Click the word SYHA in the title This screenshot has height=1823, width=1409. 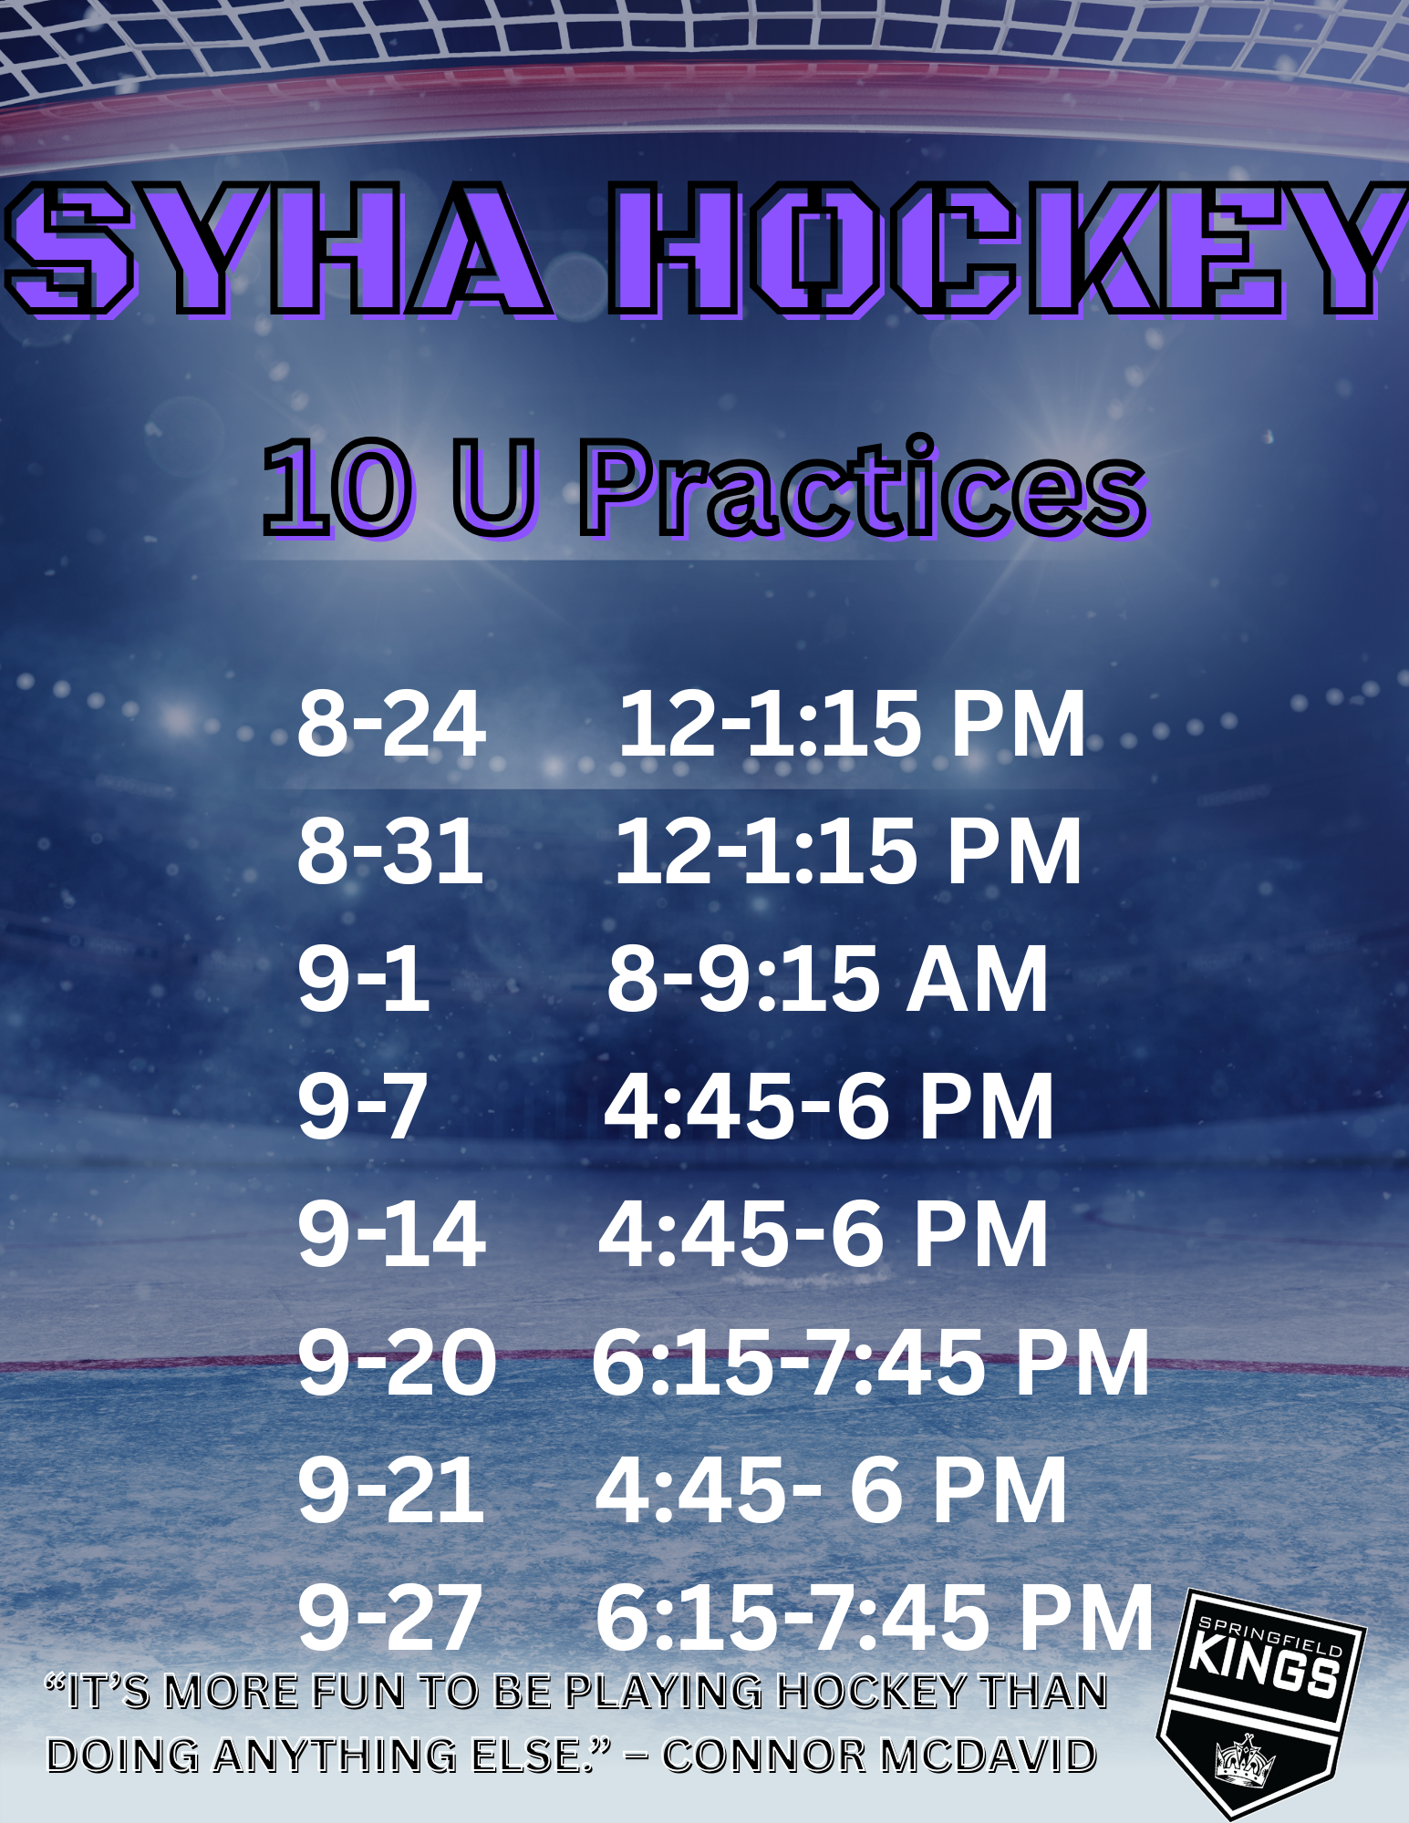(278, 249)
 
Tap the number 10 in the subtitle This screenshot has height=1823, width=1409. (337, 489)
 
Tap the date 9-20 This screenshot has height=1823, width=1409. (397, 1362)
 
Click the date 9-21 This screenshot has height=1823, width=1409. (390, 1489)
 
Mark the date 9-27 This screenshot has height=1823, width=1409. (389, 1617)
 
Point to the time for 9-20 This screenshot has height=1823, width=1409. (871, 1362)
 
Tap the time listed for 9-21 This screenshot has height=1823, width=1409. (831, 1489)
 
